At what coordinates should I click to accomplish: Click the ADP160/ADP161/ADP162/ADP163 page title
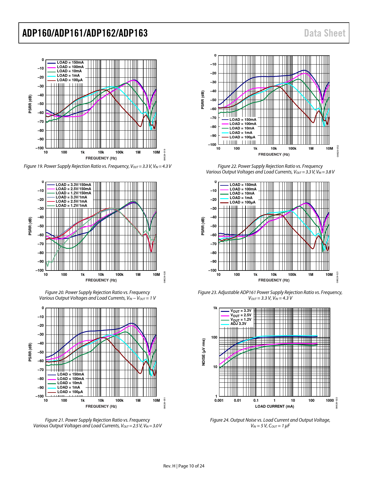coord(85,33)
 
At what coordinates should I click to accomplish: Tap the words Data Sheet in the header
coord(325,33)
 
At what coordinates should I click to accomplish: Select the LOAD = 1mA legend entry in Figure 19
coord(68,76)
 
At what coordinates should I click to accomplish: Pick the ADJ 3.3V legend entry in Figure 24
coord(238,324)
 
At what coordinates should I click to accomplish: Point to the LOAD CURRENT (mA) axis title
coord(274,406)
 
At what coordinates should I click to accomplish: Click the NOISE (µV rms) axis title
coord(204,352)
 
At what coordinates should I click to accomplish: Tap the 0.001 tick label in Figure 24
coord(219,401)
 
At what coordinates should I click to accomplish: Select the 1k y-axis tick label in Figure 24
coord(215,308)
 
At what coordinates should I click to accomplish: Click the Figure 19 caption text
coord(97,166)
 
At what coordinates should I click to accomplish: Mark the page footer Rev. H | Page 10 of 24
coord(184,466)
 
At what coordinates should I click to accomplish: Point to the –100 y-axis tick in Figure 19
coord(40,148)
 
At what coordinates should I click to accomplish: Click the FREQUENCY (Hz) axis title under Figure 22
coord(274,154)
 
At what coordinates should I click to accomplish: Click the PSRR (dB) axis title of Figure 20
coord(30,226)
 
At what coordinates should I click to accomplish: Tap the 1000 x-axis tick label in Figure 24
coord(330,401)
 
